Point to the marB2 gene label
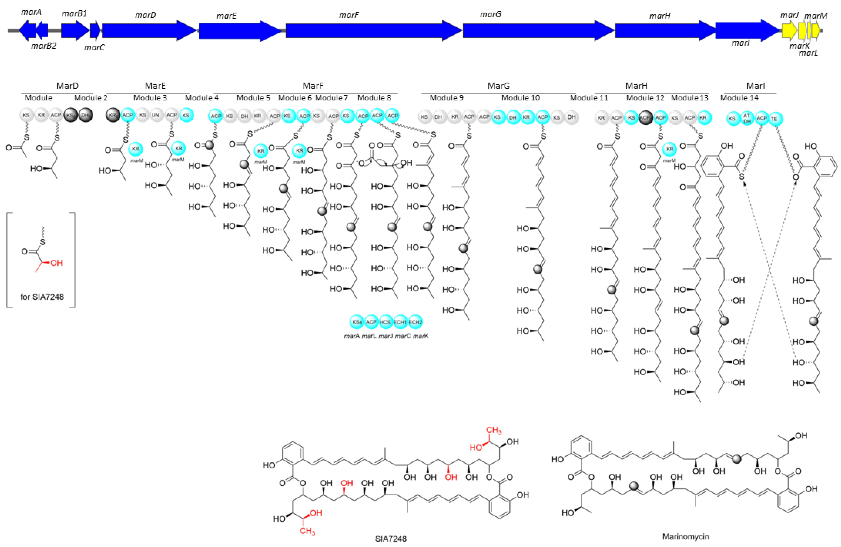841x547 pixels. [43, 46]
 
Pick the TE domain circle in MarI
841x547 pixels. [774, 119]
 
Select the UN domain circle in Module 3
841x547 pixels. [155, 115]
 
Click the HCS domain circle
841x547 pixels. [385, 322]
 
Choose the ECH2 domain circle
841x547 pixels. [415, 322]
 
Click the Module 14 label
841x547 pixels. [739, 98]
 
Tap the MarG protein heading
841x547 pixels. [499, 86]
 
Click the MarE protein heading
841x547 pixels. [155, 86]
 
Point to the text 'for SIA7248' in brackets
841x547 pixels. [42, 297]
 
